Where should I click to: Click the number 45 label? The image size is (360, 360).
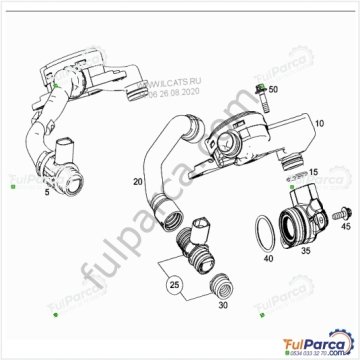coord(347,228)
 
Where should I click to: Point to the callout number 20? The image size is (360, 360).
coord(138,183)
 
